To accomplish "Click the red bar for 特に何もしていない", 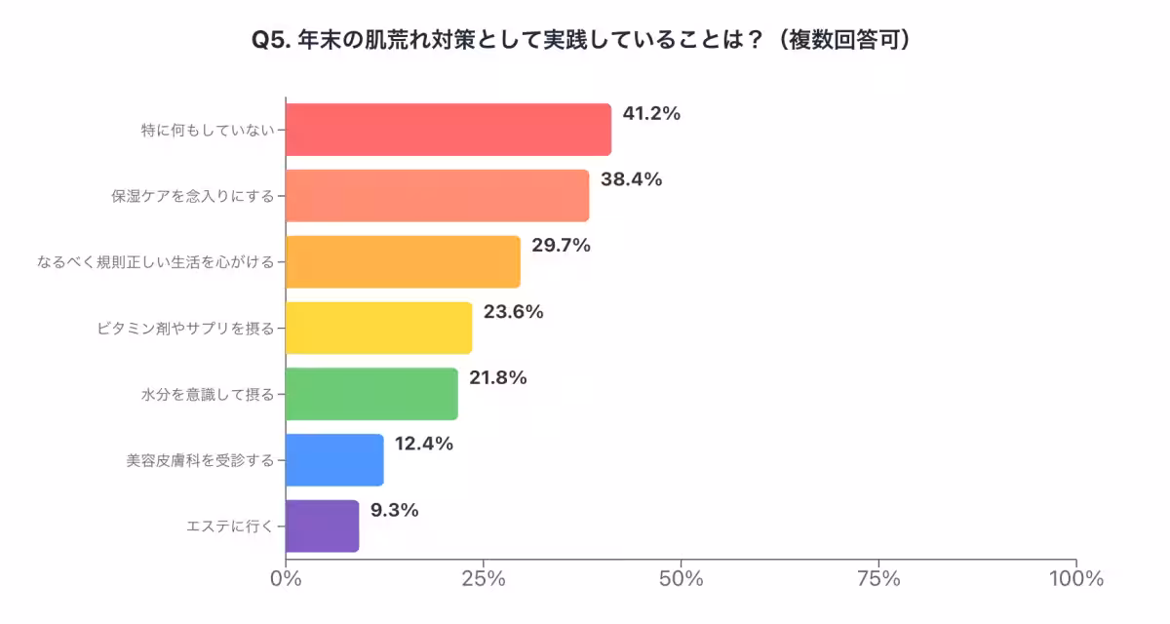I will coord(448,130).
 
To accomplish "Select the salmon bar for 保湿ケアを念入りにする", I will coord(437,195).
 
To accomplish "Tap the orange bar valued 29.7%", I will coord(403,261).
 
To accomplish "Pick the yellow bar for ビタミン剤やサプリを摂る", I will coord(378,328).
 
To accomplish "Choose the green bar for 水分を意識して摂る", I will coord(371,394).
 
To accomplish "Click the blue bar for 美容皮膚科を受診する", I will coord(334,460).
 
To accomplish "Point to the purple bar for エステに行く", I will coord(322,526).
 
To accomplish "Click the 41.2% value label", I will coord(651,113).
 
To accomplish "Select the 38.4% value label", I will coord(631,179).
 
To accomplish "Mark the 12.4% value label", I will coord(424,444).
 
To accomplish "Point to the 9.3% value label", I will coord(394,510).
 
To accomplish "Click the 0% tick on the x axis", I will coord(286,578).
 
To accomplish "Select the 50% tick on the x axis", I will coord(681,578).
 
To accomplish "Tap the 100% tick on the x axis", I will coord(1075,578).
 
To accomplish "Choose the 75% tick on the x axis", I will coord(878,578).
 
